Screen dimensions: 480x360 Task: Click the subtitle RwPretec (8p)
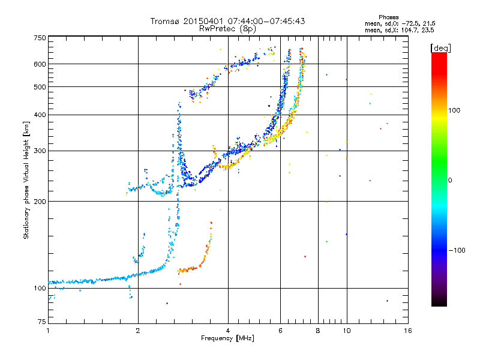point(227,29)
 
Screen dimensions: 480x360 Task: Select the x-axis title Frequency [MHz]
point(227,338)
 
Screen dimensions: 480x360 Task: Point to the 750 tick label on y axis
point(40,38)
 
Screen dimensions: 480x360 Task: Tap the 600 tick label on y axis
point(40,64)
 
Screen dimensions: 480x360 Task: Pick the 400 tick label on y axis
point(40,115)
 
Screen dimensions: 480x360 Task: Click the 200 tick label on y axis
point(40,202)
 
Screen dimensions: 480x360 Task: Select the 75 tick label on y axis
point(42,322)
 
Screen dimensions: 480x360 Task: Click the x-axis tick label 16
point(407,331)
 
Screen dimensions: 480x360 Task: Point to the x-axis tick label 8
point(318,331)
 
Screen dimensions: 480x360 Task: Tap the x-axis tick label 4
point(228,331)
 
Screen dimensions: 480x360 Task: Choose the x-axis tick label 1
point(48,331)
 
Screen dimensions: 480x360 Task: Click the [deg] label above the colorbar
point(440,48)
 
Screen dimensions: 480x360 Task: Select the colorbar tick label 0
point(449,181)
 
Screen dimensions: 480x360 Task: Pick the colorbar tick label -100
point(457,250)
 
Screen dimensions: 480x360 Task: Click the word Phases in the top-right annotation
point(388,17)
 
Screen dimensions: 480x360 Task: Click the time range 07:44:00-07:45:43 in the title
point(266,21)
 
